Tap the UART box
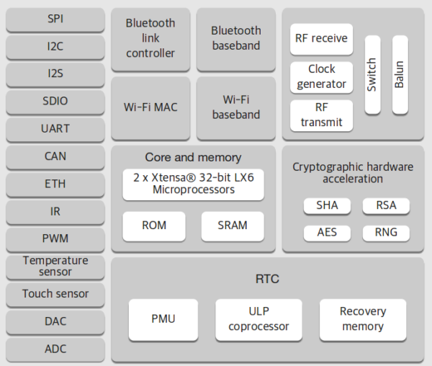[x=55, y=129]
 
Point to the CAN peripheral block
[x=55, y=156]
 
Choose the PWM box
[x=55, y=238]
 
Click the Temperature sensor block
[x=55, y=266]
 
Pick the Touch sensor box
[x=55, y=294]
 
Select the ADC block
[x=55, y=349]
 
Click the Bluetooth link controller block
[x=150, y=39]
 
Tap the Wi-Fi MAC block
[x=150, y=107]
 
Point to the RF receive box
[x=321, y=39]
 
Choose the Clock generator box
[x=321, y=77]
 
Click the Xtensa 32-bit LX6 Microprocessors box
[x=193, y=184]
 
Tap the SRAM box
[x=233, y=226]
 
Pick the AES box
[x=327, y=233]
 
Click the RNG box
[x=385, y=233]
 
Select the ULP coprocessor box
[x=258, y=319]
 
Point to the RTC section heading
[x=266, y=279]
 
